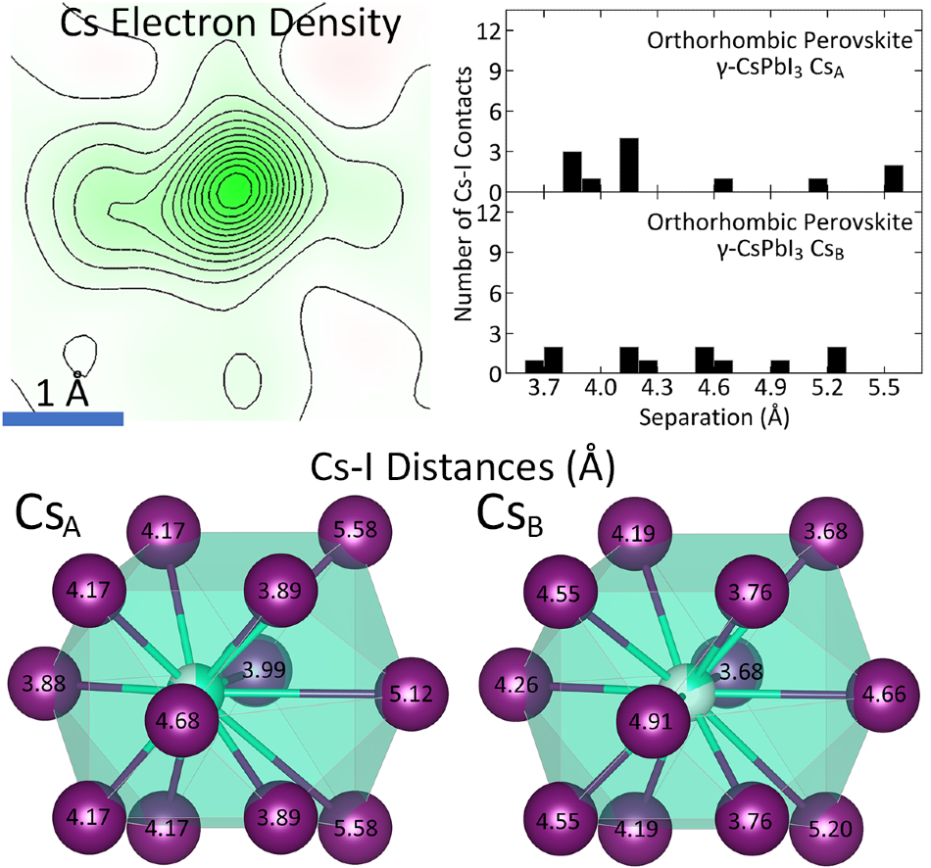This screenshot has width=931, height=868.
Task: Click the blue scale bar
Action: (x=63, y=418)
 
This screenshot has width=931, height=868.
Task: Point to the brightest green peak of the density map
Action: (x=232, y=190)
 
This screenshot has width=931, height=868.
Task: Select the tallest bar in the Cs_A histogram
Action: (x=629, y=165)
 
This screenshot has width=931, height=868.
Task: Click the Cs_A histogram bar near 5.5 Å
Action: (x=894, y=178)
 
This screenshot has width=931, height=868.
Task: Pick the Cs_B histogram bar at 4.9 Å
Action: (x=780, y=367)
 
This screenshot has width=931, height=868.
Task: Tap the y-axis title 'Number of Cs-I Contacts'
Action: (x=464, y=194)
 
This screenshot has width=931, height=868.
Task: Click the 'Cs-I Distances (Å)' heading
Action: (x=462, y=468)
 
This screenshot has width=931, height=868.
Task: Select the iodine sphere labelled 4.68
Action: (x=178, y=721)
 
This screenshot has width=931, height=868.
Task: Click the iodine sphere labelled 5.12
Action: (x=412, y=693)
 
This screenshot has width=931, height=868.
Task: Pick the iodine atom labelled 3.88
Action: (x=44, y=685)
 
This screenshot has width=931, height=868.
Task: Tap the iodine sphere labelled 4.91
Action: (x=650, y=721)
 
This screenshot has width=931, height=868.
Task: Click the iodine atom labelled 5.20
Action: (x=829, y=829)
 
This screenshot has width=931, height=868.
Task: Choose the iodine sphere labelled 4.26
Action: (x=515, y=685)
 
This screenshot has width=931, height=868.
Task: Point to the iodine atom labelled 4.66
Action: (x=885, y=694)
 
